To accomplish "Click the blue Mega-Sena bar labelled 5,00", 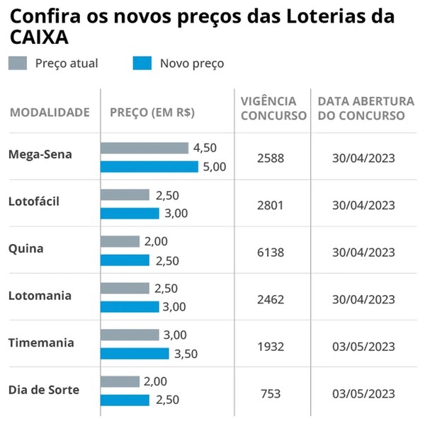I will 149,167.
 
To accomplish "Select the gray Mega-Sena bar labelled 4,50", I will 144,148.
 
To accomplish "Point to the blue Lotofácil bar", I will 130,214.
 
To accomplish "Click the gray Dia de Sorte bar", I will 120,381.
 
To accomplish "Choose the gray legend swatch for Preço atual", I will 18,64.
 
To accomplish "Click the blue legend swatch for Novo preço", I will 142,64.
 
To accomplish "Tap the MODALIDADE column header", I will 50,112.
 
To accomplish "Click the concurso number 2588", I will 271,158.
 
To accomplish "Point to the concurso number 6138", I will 271,252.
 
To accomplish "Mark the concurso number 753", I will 271,393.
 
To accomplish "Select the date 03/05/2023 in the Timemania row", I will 363,347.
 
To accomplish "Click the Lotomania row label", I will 40,296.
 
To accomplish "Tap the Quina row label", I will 25,248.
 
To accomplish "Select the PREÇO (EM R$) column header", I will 152,112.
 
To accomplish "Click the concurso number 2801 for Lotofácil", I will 271,205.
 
